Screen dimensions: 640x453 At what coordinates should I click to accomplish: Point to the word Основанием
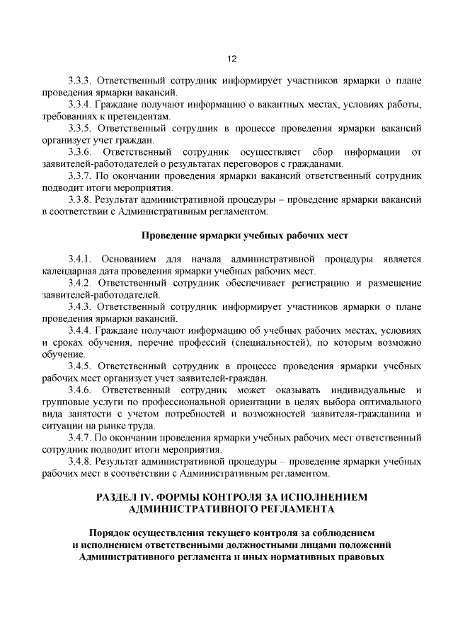130,260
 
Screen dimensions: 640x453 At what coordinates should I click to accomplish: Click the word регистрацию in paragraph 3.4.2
320,283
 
